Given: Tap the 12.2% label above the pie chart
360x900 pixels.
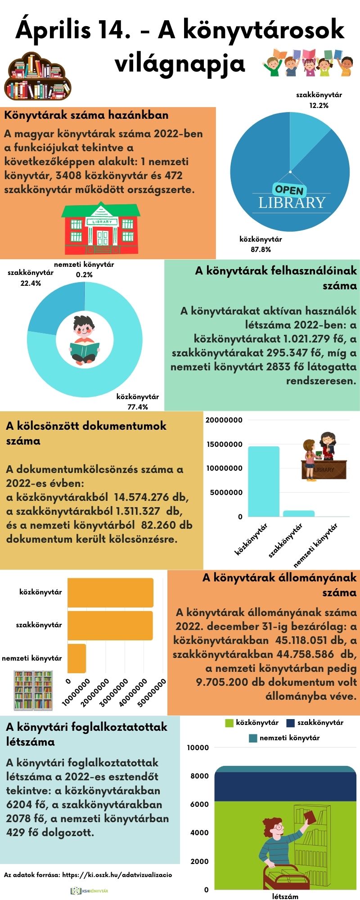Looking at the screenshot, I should [x=319, y=106].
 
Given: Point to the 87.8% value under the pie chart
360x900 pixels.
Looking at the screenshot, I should [x=261, y=250].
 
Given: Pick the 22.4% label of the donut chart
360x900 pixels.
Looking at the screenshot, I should [x=31, y=283].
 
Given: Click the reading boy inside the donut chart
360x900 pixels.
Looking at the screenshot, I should [x=84, y=340].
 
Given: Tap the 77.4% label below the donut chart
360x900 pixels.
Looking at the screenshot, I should [x=138, y=407].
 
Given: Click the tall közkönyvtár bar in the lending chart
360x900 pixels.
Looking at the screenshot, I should [x=263, y=481].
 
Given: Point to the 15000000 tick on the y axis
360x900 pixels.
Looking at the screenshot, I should [x=224, y=445].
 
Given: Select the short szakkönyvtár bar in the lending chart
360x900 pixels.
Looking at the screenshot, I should [x=298, y=513].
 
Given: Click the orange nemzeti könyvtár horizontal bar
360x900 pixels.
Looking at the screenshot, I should [x=76, y=658].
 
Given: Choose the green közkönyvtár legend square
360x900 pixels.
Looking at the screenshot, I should [x=229, y=723].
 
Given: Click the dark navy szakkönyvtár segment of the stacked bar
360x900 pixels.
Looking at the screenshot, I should [x=279, y=787].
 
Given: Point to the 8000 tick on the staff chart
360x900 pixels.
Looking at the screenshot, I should [x=200, y=776].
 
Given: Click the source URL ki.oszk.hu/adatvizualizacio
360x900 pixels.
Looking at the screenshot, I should [x=117, y=875].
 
